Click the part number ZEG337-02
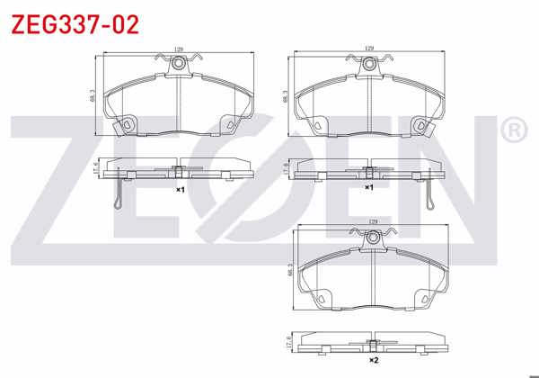pos(75,23)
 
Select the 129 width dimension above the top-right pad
pos(369,49)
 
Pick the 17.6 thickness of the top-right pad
pos(286,168)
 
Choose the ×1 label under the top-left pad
pos(180,190)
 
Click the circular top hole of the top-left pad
pos(180,64)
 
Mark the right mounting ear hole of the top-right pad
pos(420,123)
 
